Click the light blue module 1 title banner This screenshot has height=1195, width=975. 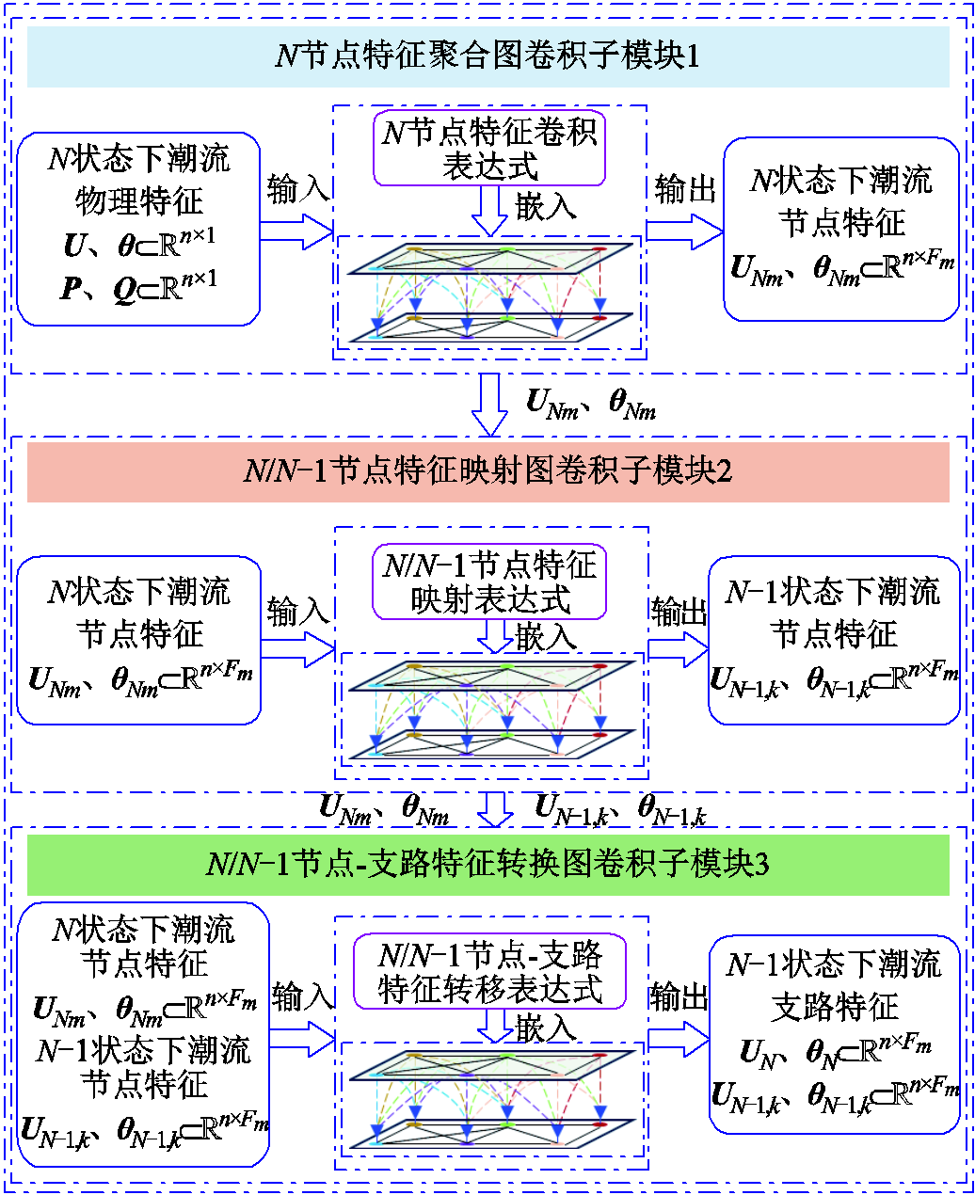[487, 56]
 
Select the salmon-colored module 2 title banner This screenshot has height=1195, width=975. [487, 470]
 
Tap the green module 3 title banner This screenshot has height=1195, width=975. [487, 863]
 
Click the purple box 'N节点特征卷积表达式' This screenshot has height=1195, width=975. [489, 149]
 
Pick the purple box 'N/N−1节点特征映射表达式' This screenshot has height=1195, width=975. [489, 582]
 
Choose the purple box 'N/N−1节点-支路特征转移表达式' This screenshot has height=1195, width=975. [489, 972]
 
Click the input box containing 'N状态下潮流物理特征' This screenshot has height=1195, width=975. [138, 229]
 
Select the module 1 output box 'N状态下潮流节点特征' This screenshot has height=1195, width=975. [841, 229]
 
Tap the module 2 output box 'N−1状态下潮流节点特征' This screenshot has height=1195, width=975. [834, 640]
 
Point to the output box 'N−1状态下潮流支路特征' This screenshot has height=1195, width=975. [835, 1032]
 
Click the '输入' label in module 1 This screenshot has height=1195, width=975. [297, 189]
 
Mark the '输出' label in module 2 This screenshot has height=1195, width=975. [679, 612]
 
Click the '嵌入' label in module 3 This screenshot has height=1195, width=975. [546, 1028]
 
